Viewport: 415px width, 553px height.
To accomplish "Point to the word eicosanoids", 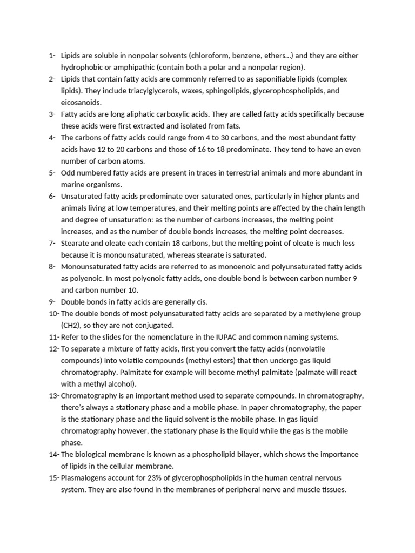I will coord(81,103).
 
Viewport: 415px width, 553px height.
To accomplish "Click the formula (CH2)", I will coord(72,326).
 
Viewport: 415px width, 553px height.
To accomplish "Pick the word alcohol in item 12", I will coord(122,384).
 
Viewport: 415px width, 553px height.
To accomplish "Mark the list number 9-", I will coord(52,302).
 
